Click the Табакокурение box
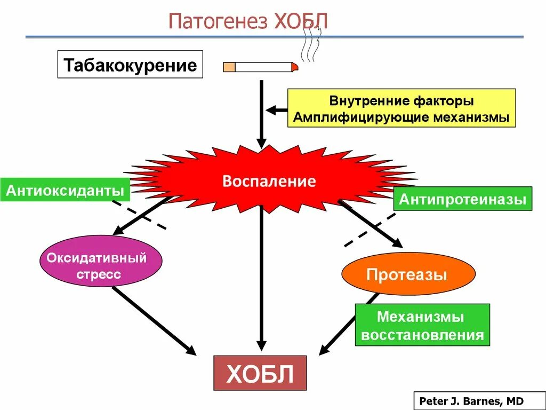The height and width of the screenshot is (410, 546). tap(130, 65)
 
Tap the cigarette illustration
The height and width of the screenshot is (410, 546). tap(260, 67)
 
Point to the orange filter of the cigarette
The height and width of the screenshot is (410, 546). tap(229, 67)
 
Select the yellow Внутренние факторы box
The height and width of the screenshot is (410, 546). tap(402, 108)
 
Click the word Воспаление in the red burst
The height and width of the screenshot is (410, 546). tap(269, 181)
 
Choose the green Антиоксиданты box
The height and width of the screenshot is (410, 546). tap(66, 190)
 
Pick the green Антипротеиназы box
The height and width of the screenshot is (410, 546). tap(462, 199)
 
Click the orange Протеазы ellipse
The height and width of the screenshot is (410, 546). tap(408, 274)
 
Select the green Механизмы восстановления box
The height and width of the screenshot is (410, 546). tap(422, 325)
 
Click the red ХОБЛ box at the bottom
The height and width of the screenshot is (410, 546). tap(260, 373)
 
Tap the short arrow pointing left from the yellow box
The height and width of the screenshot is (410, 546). tap(276, 110)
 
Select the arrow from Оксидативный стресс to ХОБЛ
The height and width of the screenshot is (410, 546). tap(154, 320)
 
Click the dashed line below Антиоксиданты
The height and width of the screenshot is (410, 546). tap(139, 215)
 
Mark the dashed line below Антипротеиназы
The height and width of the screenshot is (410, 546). tap(370, 230)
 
